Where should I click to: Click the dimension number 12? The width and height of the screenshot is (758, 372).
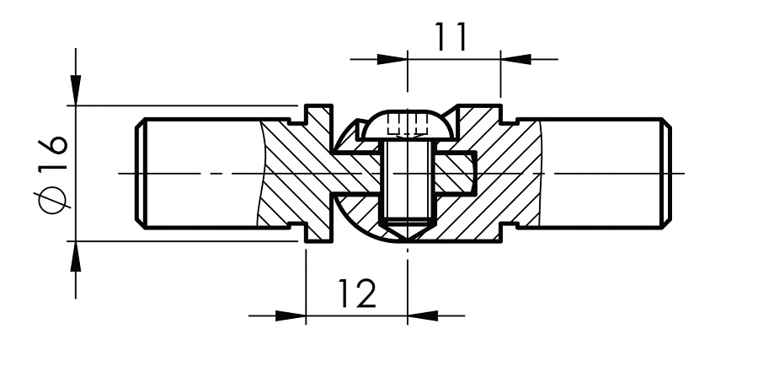pos(356,293)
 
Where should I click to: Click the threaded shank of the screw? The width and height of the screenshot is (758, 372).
pos(408,181)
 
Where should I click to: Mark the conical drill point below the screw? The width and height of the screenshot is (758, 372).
pos(408,229)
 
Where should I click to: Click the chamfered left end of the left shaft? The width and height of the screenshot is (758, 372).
pos(141,173)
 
